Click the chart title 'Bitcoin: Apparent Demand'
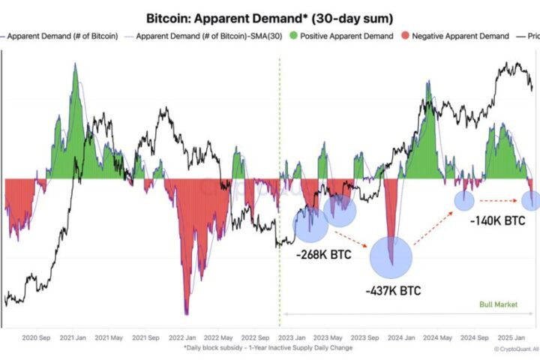(270, 16)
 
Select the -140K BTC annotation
(496, 223)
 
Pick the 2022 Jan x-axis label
(183, 338)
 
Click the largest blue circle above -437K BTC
(391, 256)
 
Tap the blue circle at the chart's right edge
(531, 200)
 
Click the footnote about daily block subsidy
(267, 348)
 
